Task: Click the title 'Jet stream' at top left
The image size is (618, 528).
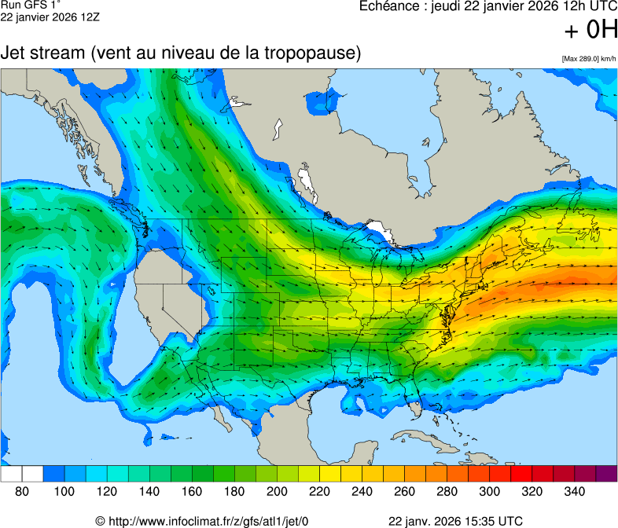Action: [x=43, y=53]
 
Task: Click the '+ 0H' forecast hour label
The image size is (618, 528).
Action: [x=591, y=31]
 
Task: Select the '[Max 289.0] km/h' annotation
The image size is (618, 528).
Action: [x=589, y=59]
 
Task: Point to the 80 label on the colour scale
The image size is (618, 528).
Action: [x=22, y=491]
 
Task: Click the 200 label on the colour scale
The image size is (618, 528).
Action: [x=277, y=491]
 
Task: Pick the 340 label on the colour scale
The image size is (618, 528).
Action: [x=574, y=491]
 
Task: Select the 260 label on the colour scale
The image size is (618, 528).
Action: [x=404, y=491]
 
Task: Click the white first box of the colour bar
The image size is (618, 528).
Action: [x=11, y=474]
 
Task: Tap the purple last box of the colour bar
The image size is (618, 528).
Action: [x=606, y=474]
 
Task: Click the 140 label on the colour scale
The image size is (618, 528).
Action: [x=149, y=491]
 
